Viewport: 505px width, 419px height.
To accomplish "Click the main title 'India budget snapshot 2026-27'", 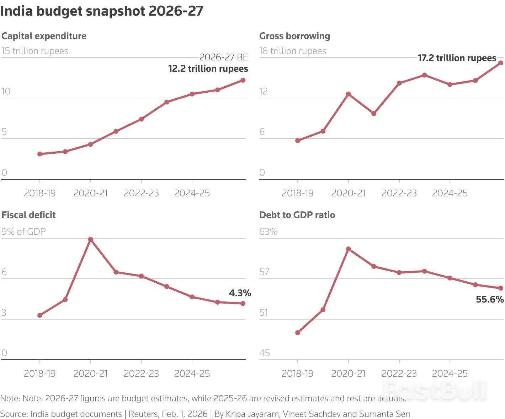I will pyautogui.click(x=102, y=11).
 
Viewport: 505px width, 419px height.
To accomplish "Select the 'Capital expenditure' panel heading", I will pyautogui.click(x=44, y=36).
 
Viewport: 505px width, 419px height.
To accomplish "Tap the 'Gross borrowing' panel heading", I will pyautogui.click(x=294, y=36).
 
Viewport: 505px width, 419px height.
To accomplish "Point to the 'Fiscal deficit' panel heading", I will pyautogui.click(x=28, y=215).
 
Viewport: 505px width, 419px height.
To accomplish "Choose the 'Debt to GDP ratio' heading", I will pyautogui.click(x=297, y=215).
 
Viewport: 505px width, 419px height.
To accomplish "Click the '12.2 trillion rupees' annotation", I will pyautogui.click(x=208, y=69).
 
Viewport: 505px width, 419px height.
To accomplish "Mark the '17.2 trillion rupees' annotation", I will pyautogui.click(x=457, y=58).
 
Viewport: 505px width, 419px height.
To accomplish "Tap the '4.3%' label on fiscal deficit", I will pyautogui.click(x=240, y=293).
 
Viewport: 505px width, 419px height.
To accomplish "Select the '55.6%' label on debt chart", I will pyautogui.click(x=490, y=299).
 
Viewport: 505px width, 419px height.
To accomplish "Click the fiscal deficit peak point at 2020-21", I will pyautogui.click(x=91, y=239).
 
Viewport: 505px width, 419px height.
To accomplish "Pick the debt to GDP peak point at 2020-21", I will pyautogui.click(x=349, y=249).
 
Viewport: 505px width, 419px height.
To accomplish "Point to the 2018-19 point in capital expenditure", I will pyautogui.click(x=40, y=154).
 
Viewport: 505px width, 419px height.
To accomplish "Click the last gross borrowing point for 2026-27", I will pyautogui.click(x=501, y=63).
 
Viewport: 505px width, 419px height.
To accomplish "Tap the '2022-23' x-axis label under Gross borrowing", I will pyautogui.click(x=399, y=193).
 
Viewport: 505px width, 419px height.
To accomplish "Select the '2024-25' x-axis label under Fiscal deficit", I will pyautogui.click(x=192, y=374).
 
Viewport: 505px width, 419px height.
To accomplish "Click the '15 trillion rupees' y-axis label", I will pyautogui.click(x=35, y=51).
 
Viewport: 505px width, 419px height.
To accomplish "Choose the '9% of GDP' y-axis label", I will pyautogui.click(x=24, y=232).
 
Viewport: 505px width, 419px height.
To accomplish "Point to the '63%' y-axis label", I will pyautogui.click(x=268, y=232).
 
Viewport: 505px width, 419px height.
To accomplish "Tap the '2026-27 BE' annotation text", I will pyautogui.click(x=223, y=57).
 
